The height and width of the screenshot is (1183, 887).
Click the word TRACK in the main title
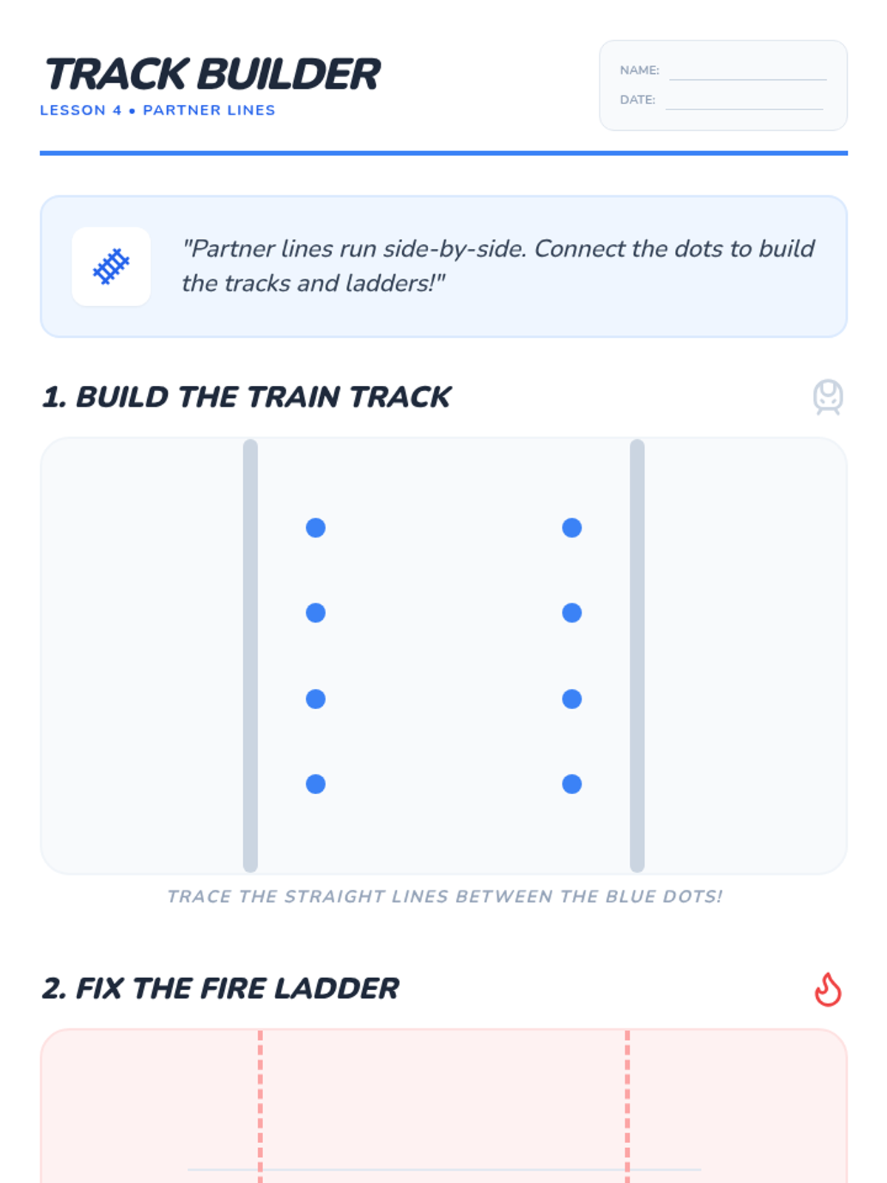[116, 74]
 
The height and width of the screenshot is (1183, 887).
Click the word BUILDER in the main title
[289, 74]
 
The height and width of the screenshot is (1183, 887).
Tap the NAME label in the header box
[639, 70]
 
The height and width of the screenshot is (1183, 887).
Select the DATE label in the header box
[638, 100]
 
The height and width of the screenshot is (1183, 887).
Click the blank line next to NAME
[747, 80]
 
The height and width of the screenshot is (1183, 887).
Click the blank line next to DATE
[744, 109]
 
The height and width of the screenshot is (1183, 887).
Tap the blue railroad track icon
[111, 266]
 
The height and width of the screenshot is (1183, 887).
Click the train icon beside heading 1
[828, 397]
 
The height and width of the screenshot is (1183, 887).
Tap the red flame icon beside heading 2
[828, 989]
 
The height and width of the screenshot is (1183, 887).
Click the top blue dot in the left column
[316, 528]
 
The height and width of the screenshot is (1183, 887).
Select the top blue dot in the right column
[572, 528]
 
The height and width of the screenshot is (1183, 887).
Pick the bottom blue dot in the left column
[316, 784]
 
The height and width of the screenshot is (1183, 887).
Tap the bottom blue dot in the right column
[572, 784]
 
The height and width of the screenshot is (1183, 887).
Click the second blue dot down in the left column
[316, 613]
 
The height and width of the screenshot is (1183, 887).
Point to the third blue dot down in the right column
[572, 699]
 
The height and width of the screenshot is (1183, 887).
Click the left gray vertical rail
[251, 655]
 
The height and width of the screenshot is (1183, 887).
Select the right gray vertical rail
[637, 655]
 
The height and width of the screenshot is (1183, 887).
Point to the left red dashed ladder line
[260, 1106]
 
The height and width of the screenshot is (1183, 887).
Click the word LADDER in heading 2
[336, 989]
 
